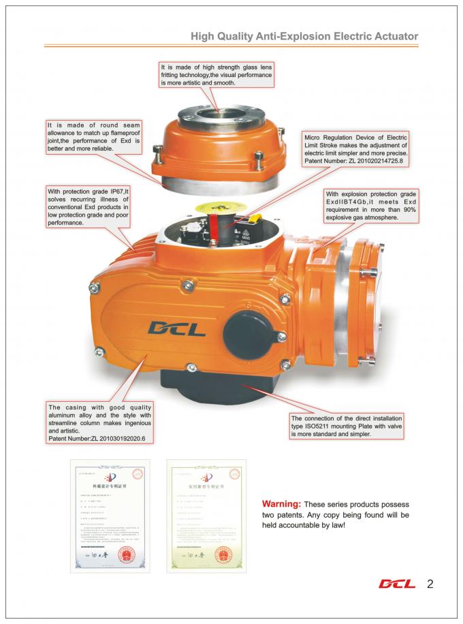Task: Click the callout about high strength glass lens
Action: tap(216, 75)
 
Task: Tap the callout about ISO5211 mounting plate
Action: tap(347, 425)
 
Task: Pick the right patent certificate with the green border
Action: tap(206, 517)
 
